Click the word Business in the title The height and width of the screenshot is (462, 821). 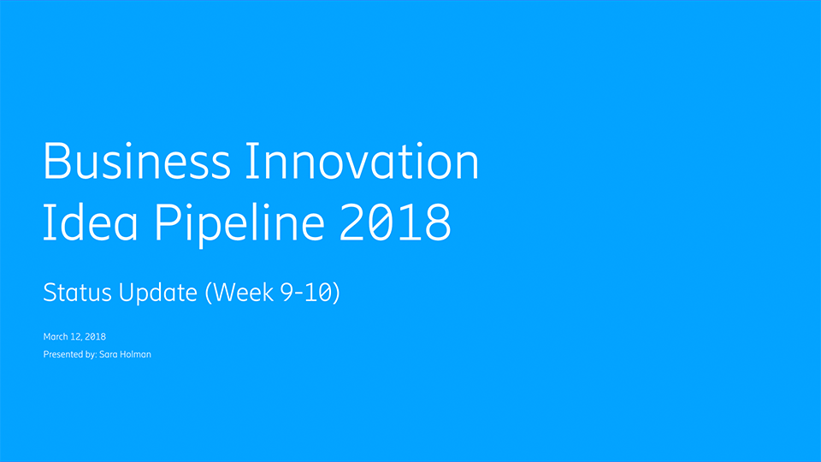tap(137, 161)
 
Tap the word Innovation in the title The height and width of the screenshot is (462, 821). tap(362, 161)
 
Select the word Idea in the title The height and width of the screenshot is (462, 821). tap(90, 222)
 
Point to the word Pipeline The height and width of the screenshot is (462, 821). tap(239, 225)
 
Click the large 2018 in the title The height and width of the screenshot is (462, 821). tap(395, 222)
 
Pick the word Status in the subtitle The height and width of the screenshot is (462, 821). tap(77, 293)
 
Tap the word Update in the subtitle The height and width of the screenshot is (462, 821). tap(157, 293)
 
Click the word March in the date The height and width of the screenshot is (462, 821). tap(56, 336)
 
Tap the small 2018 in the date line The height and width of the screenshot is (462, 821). tap(95, 336)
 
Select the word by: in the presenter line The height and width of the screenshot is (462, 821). tap(91, 354)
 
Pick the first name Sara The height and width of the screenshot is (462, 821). tap(109, 354)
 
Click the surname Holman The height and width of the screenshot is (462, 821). tap(135, 354)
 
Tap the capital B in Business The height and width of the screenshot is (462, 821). tap(56, 161)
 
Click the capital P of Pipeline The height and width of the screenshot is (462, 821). tap(167, 222)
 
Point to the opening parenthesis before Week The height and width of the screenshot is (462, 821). tap(209, 293)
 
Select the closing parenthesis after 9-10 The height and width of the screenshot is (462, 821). tap(337, 293)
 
